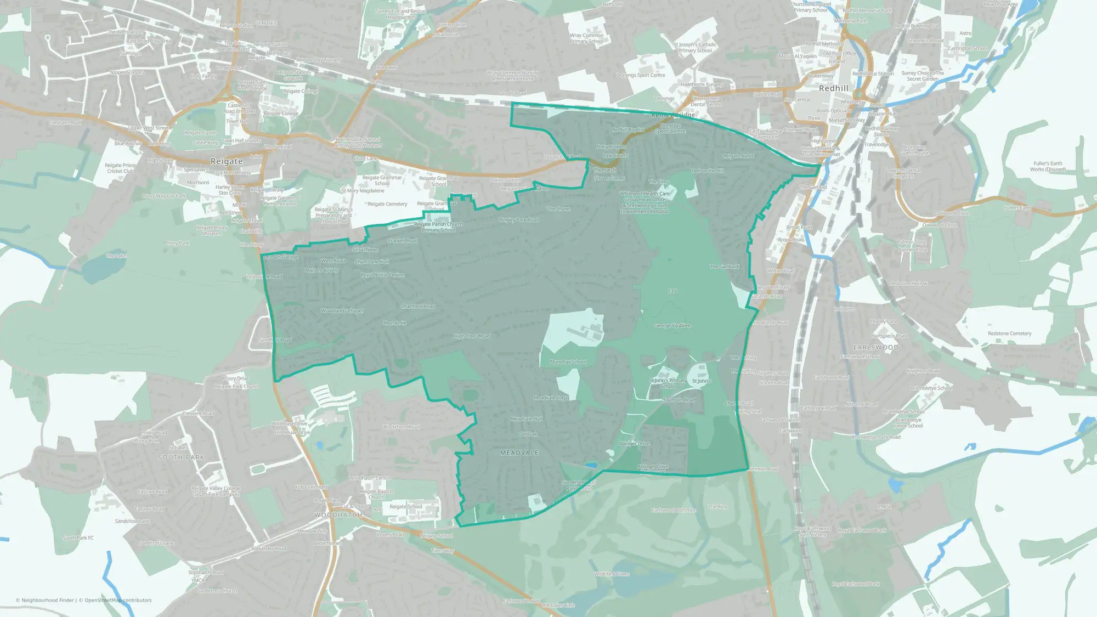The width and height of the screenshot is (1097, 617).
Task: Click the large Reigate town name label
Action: point(227,161)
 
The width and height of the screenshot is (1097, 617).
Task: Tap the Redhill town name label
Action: point(833,88)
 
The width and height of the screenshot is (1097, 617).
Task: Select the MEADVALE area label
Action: point(519,453)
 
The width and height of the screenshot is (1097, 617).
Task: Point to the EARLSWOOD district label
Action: point(875,348)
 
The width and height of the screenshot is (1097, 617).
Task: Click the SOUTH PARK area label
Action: point(181,457)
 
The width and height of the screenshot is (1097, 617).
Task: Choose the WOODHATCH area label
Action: point(338,515)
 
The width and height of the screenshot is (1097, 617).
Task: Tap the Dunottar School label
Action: point(568,362)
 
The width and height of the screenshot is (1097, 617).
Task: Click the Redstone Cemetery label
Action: point(1009,333)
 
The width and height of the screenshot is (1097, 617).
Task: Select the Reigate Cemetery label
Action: point(387,204)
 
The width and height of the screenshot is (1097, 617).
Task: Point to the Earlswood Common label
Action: point(674,511)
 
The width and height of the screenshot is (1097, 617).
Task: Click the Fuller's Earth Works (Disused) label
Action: point(1048,166)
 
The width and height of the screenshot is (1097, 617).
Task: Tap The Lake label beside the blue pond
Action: point(116,256)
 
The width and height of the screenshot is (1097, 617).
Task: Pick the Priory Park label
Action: point(177,243)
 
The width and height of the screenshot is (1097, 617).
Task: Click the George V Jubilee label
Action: point(672,326)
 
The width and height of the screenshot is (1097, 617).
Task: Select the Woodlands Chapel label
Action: point(342,311)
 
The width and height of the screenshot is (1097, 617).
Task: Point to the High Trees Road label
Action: point(472,336)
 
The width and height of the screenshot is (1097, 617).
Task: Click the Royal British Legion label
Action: point(382,275)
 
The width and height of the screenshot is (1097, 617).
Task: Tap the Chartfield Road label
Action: point(418,307)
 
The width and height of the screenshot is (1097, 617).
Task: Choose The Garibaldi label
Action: point(724,267)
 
